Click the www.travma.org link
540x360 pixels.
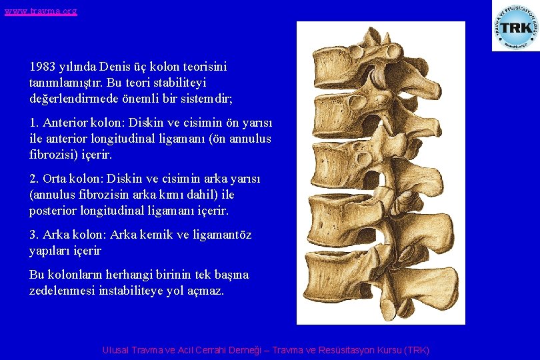click(x=41, y=11)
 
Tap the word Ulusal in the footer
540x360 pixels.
click(x=116, y=350)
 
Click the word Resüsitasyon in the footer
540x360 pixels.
click(x=349, y=350)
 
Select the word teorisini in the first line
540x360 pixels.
click(x=203, y=67)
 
